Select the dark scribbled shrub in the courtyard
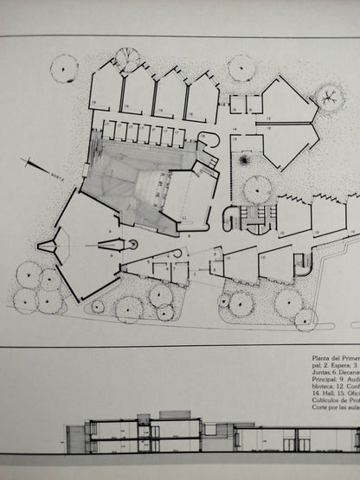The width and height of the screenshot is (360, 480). coord(245,160)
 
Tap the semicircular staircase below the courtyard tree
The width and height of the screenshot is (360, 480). coord(255,224)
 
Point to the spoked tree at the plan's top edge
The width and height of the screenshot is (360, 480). coord(126,59)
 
